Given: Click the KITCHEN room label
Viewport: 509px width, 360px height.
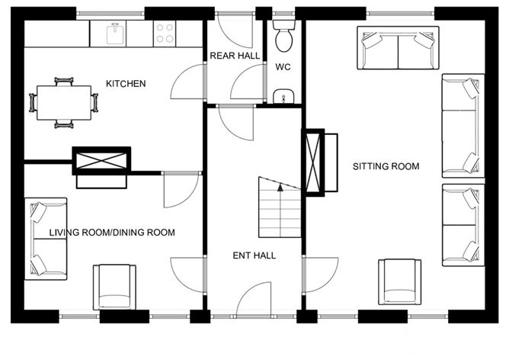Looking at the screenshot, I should tap(126, 83).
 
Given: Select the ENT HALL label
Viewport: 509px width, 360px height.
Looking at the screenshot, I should tap(254, 256).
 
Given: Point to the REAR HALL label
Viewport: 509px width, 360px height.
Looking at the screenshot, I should tap(235, 56).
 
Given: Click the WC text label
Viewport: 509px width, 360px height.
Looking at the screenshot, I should tap(281, 66).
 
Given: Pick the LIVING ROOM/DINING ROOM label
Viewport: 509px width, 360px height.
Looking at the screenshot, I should tap(113, 233).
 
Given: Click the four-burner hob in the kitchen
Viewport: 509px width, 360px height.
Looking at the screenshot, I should tap(165, 33).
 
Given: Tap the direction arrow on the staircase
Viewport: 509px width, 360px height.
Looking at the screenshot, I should tap(280, 185).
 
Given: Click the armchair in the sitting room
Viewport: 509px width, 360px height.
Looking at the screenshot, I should tap(400, 281).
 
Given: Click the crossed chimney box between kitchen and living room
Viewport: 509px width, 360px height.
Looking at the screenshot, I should tap(100, 160).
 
